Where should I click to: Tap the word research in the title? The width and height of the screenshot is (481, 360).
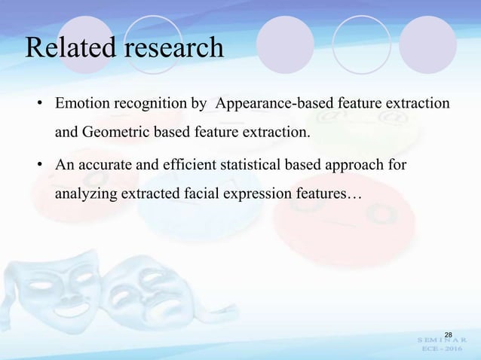point(174,47)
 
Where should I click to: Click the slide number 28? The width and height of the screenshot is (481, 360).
point(448,334)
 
